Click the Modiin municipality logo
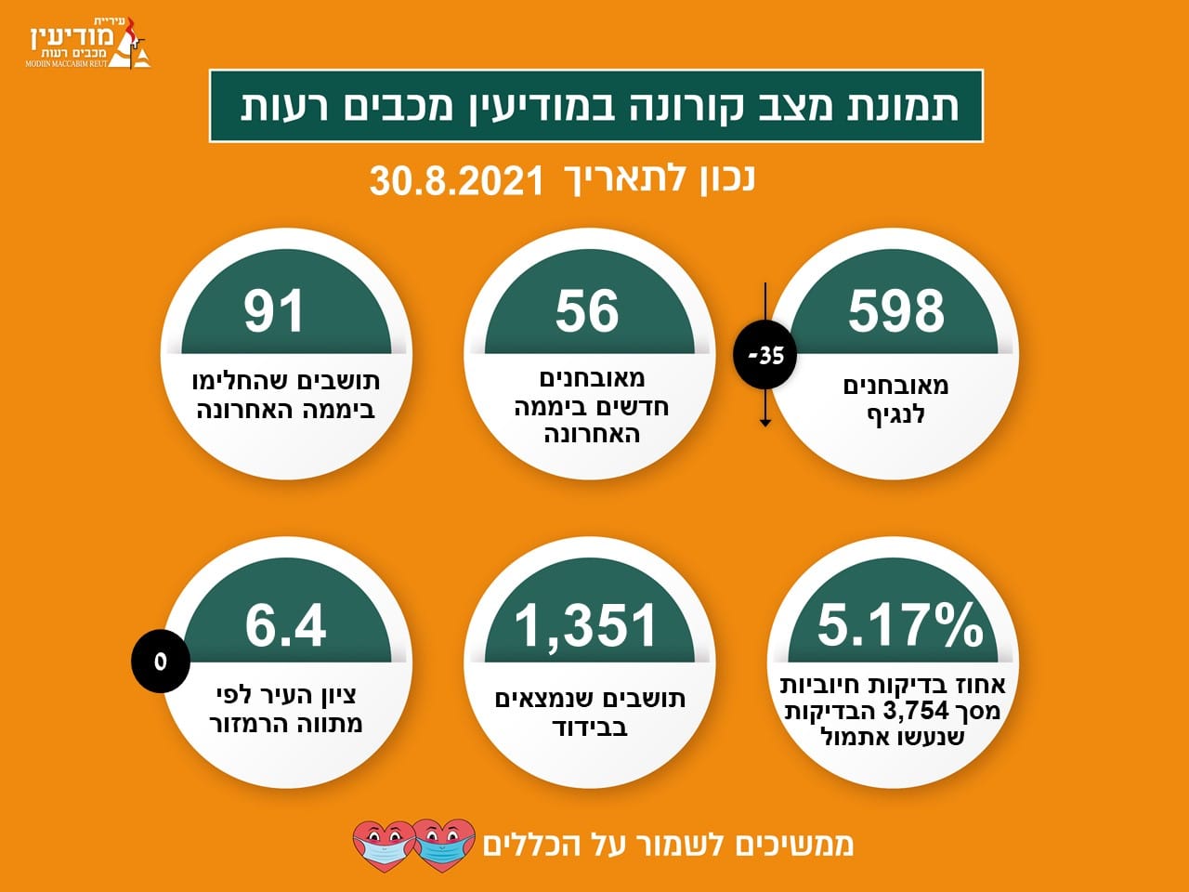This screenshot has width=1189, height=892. (x=88, y=43)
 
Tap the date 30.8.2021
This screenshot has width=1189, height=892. (x=456, y=181)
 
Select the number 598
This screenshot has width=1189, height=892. (x=896, y=310)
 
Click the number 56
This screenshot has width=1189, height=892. (x=587, y=310)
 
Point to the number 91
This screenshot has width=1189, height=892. (x=273, y=310)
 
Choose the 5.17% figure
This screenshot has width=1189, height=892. (x=900, y=624)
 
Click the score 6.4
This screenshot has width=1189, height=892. (x=285, y=625)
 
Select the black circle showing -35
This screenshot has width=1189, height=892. (x=764, y=357)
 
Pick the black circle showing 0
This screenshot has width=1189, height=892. (x=161, y=662)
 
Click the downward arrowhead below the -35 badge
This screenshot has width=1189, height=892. (x=764, y=423)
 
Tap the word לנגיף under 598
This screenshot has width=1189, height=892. (x=895, y=414)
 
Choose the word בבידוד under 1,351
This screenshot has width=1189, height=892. (x=589, y=727)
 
